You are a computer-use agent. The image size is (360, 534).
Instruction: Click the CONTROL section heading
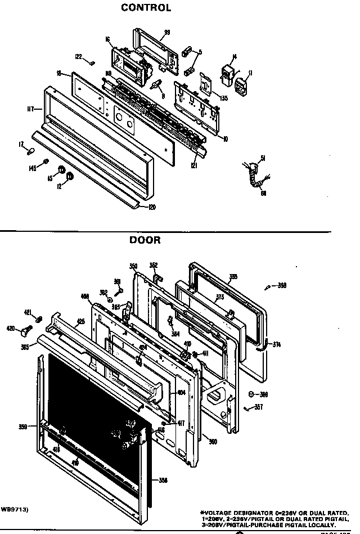(146, 8)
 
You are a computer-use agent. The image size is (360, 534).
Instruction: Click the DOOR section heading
(145, 240)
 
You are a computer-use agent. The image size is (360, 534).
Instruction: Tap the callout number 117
(31, 108)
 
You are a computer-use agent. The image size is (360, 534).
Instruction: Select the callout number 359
(22, 427)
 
